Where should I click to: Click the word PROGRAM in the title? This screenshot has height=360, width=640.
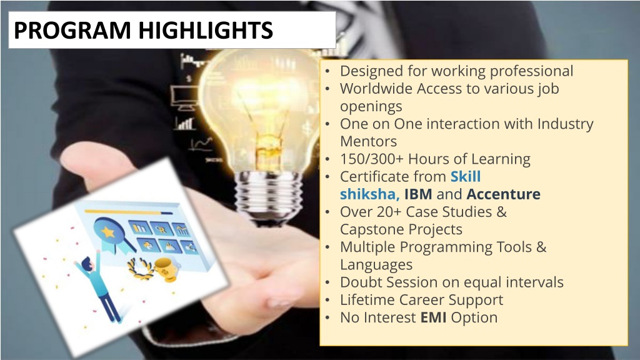click(72, 30)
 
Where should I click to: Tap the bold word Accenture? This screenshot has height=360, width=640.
click(503, 194)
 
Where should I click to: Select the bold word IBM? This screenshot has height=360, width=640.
click(418, 194)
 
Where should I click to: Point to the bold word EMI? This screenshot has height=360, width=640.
click(433, 317)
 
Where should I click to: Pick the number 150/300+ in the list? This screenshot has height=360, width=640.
click(372, 159)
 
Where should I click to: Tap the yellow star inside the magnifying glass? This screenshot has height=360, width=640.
click(107, 232)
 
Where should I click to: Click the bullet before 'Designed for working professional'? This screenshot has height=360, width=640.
click(327, 71)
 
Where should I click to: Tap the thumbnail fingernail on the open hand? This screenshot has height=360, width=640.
click(279, 303)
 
